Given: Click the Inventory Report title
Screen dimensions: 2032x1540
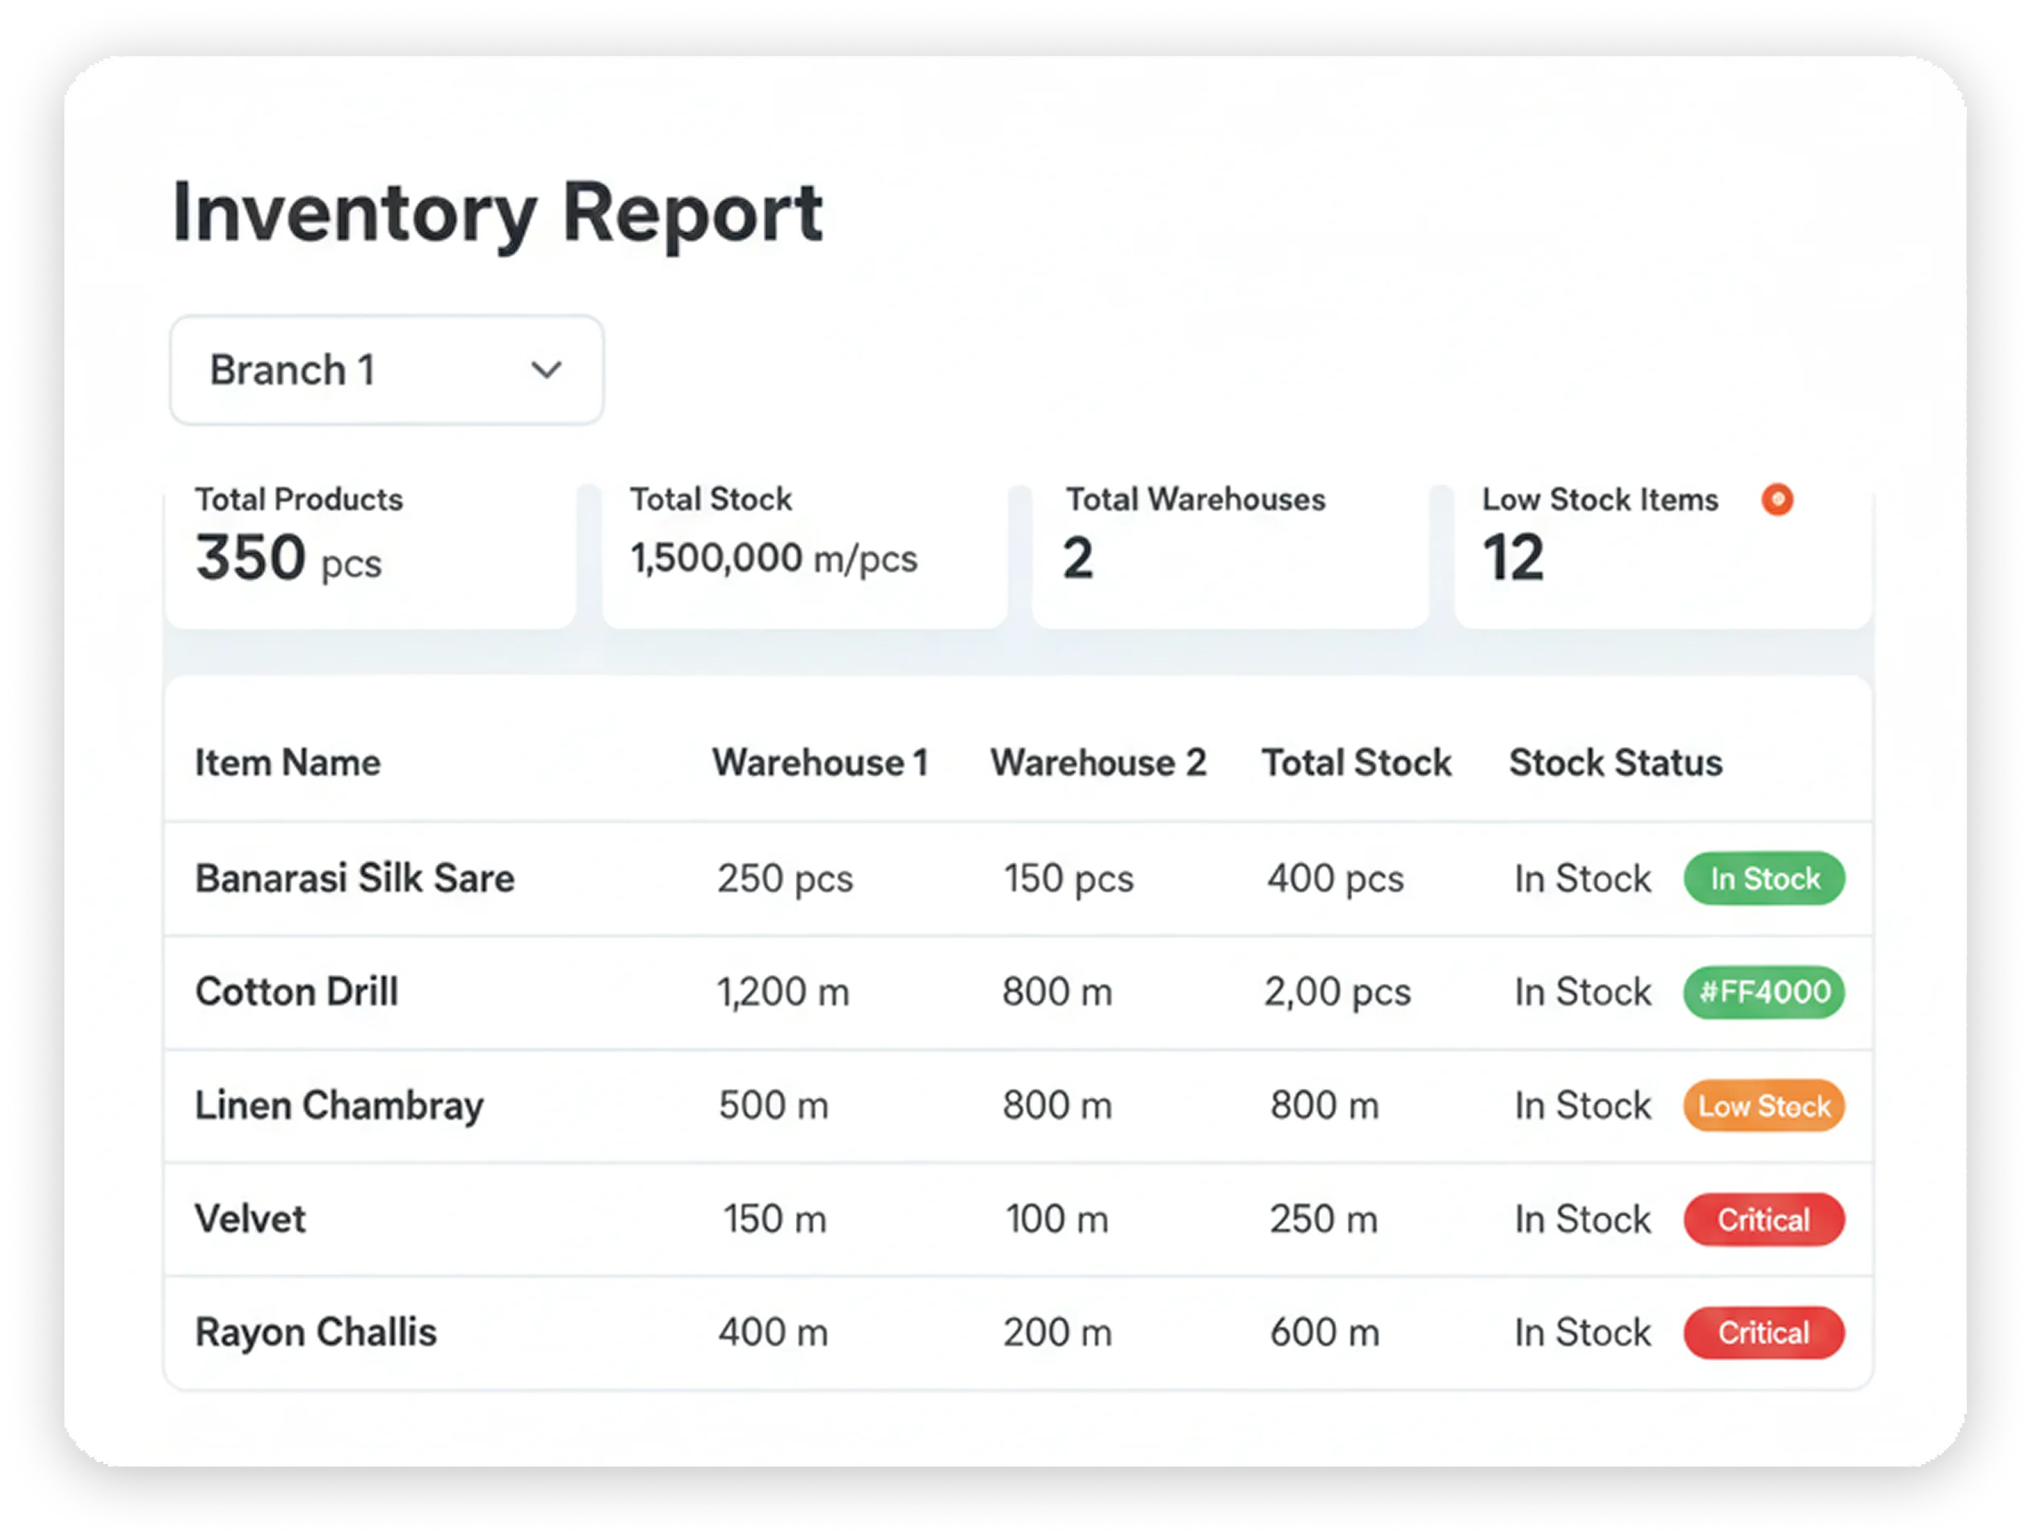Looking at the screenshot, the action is [x=497, y=214].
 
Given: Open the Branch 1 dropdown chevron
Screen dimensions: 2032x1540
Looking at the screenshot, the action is [x=546, y=370].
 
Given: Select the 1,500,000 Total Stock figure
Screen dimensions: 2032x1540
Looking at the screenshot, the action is [x=716, y=558].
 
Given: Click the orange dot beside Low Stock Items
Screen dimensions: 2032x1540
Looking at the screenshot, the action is [x=1778, y=499].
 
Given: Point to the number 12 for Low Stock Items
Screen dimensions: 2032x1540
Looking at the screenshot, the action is [x=1513, y=558].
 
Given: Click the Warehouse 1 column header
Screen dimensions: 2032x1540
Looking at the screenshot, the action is [x=820, y=762].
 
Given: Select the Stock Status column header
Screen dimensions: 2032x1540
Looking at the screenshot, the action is [x=1616, y=762].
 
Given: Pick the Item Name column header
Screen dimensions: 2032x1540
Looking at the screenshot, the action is [x=287, y=762].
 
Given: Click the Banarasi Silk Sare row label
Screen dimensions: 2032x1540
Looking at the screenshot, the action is [x=355, y=878].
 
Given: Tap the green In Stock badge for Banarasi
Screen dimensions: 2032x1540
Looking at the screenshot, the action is [x=1764, y=878].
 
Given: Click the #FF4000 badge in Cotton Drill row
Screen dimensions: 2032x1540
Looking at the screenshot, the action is [x=1764, y=993].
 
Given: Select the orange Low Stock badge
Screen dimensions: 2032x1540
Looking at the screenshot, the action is [x=1764, y=1105].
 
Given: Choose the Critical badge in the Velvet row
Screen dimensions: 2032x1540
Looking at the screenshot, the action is [x=1764, y=1220].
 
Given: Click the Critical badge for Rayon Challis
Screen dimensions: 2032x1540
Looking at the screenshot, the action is [x=1764, y=1332].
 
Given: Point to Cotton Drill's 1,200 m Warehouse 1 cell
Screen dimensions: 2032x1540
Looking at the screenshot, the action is [x=783, y=993].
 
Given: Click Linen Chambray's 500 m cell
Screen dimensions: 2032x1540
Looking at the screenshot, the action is [x=773, y=1105].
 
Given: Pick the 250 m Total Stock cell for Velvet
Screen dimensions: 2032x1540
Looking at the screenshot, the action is [x=1324, y=1220].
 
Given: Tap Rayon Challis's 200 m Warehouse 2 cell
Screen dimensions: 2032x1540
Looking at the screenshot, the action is [x=1057, y=1332].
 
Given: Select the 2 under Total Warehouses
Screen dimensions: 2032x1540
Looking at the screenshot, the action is [x=1078, y=558].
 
